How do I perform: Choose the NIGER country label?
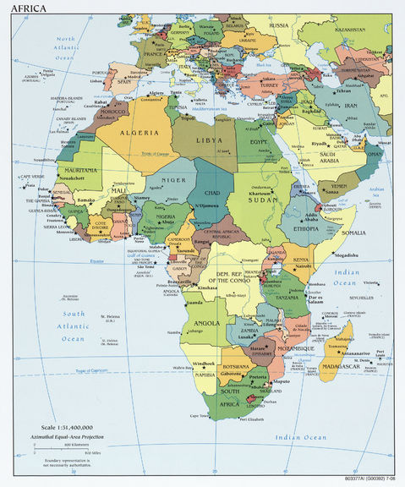(173, 179)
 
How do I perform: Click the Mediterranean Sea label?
(205, 109)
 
